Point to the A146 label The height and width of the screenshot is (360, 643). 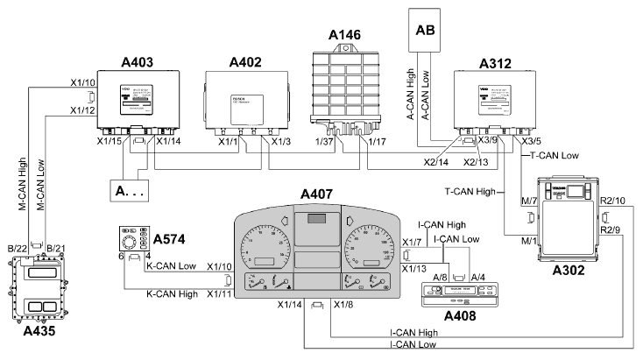(345, 34)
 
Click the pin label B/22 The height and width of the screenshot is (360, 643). (16, 249)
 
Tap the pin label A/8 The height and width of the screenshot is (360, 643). (441, 277)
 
